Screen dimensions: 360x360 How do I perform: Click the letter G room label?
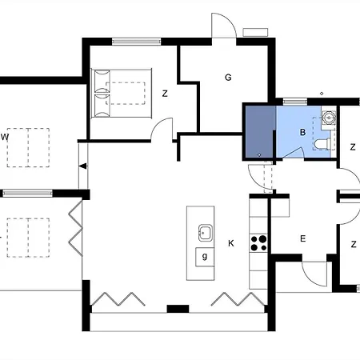228,78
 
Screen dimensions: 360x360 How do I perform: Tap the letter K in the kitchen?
231,243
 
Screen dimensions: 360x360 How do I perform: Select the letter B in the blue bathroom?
302,132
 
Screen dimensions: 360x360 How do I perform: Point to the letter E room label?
302,238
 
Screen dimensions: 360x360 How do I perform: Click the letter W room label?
5,137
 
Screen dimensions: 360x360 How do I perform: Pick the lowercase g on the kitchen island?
205,257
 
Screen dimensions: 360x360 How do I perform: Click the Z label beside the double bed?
165,94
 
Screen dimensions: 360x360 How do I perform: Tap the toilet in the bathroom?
322,144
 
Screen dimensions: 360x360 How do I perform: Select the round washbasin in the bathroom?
329,118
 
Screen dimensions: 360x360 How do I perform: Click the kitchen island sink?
206,233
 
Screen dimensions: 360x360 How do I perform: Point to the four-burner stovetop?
258,243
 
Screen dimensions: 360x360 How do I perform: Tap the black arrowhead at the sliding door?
83,166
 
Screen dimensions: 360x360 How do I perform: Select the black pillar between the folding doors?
178,309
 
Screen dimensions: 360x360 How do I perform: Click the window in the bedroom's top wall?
137,42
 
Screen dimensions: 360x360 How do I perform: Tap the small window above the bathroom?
294,102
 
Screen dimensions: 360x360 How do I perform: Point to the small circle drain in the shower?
259,154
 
